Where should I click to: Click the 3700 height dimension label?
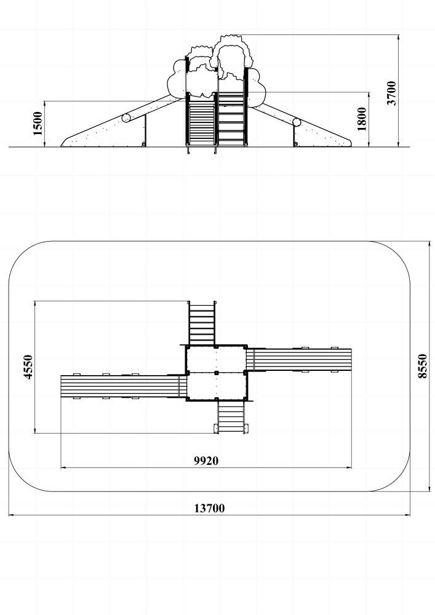click(391, 93)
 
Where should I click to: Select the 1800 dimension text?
click(362, 119)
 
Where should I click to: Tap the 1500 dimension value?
click(38, 124)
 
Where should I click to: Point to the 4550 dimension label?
click(28, 367)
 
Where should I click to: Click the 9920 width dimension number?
click(206, 461)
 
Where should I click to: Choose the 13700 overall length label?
click(210, 509)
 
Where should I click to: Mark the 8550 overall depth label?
click(422, 366)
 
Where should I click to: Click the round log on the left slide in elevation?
click(126, 117)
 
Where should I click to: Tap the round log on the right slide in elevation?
click(297, 122)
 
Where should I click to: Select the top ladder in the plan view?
click(202, 323)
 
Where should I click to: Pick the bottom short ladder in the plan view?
click(231, 417)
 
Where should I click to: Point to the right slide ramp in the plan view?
click(299, 359)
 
